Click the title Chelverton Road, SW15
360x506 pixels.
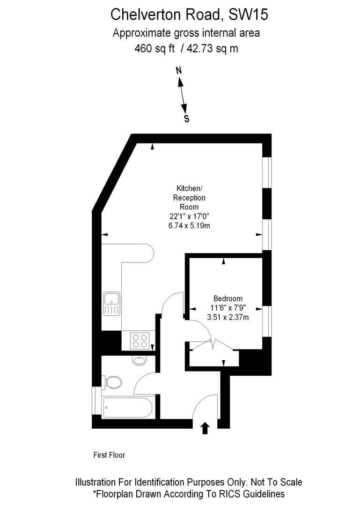189,15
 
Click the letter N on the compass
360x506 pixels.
178,71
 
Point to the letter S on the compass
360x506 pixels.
186,119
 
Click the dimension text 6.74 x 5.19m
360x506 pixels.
189,225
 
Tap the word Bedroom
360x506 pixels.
228,298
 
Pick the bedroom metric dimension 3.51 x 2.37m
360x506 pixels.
228,317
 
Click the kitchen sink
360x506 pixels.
112,304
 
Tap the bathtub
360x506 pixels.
127,407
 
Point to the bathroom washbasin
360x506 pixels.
139,360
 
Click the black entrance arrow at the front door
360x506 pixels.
205,428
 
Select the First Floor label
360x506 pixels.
110,455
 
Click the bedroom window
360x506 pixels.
266,321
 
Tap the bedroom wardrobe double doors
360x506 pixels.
213,345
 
